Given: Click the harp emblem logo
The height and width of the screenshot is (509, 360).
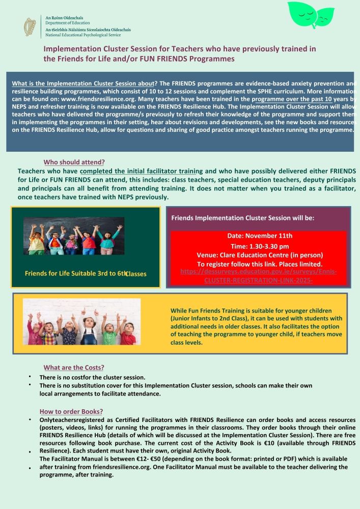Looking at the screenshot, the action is (30, 26).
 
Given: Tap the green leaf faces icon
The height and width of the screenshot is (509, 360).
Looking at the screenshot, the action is (312, 15).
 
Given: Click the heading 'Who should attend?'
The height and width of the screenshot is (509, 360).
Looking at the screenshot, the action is (74, 162).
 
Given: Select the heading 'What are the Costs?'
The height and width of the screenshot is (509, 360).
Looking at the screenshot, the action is (74, 367).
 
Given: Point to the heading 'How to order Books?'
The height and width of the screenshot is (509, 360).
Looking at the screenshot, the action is (71, 411).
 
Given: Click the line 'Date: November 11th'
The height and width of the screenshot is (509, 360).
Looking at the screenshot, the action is (260, 236).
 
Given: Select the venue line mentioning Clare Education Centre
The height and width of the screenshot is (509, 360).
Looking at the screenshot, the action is (260, 254).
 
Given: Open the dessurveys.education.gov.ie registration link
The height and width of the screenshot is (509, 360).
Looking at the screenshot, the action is (258, 276).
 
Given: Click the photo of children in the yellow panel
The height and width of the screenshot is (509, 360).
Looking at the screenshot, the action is (81, 322).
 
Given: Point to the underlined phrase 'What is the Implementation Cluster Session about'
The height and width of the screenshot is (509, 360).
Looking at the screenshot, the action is (83, 83).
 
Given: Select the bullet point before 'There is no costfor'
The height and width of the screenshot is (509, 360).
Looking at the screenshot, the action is (30, 377).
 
